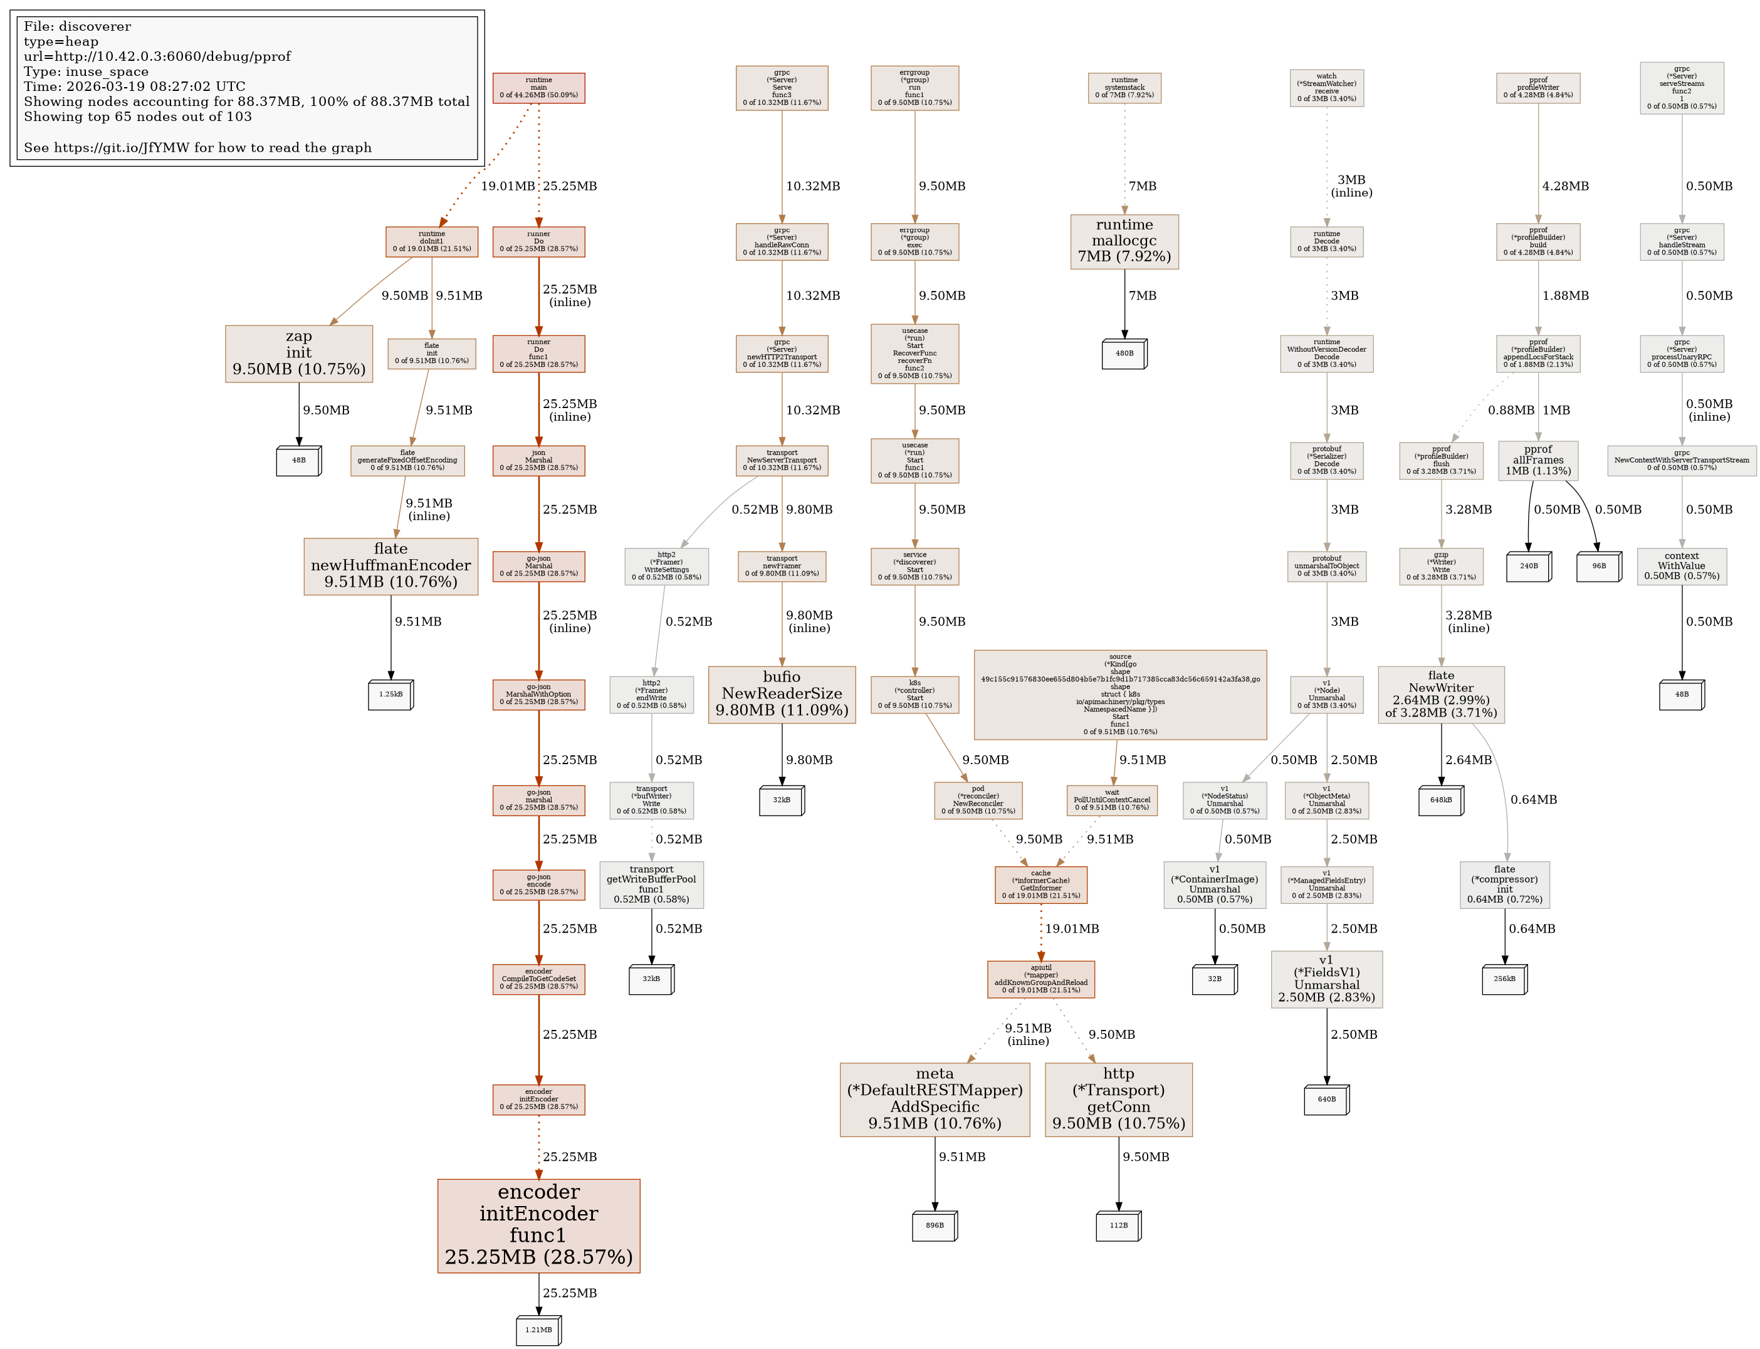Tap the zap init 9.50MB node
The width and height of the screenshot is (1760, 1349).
click(x=299, y=354)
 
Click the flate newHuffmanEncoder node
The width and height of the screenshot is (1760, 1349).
click(x=391, y=566)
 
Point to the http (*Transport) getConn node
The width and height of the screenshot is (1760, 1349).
click(x=1118, y=1100)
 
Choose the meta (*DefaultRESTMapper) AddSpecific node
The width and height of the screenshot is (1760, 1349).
click(x=935, y=1100)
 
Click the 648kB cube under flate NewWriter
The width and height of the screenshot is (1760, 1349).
click(x=1440, y=800)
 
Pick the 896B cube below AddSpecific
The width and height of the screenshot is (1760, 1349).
click(x=935, y=1226)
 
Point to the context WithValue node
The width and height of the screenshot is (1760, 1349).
click(x=1681, y=566)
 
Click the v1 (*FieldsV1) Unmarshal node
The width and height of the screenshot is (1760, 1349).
click(x=1326, y=979)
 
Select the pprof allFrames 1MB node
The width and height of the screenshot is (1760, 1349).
click(x=1537, y=460)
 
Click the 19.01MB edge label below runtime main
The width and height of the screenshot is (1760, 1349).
click(x=508, y=186)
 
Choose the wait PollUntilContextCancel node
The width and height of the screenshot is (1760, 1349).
click(x=1111, y=800)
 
